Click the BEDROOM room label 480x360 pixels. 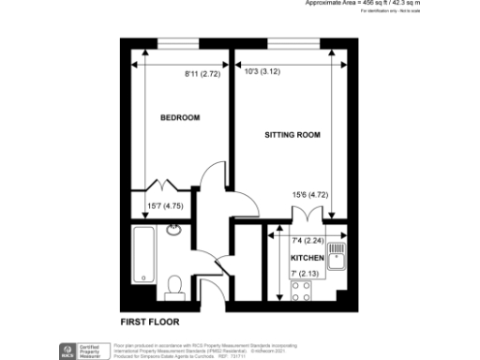[179, 118]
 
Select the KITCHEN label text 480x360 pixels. [307, 257]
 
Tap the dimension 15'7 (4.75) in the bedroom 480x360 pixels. [161, 207]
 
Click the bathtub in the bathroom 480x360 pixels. [144, 253]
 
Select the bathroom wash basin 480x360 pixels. [174, 231]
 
